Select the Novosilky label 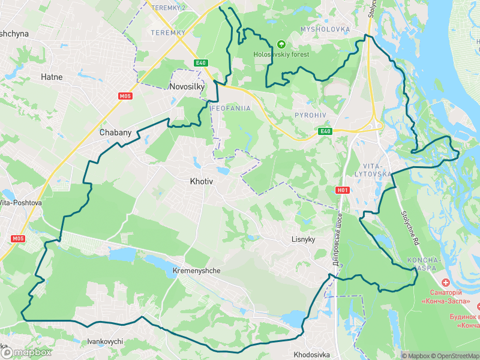click(187, 86)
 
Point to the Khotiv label click(202, 181)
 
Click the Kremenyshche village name click(196, 271)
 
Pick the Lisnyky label click(303, 239)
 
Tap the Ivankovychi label click(105, 341)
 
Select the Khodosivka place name click(313, 354)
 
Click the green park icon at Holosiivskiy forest click(281, 44)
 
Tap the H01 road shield click(342, 190)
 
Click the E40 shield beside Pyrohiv click(325, 131)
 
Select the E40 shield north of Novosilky click(200, 63)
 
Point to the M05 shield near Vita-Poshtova click(18, 238)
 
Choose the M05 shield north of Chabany click(125, 95)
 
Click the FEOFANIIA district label click(230, 108)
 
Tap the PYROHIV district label click(310, 115)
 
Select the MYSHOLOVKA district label click(325, 29)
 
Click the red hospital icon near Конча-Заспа click(445, 283)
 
